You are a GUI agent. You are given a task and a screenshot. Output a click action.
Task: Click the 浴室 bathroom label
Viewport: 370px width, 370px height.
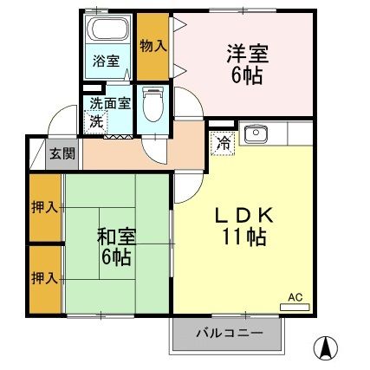tap(107, 62)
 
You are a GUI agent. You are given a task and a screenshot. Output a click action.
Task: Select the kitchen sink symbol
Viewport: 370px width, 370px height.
tap(256, 133)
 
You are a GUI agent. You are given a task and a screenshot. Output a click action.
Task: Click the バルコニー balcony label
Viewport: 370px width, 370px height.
tap(229, 332)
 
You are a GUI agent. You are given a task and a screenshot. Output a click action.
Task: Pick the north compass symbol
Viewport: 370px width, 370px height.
tap(327, 347)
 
